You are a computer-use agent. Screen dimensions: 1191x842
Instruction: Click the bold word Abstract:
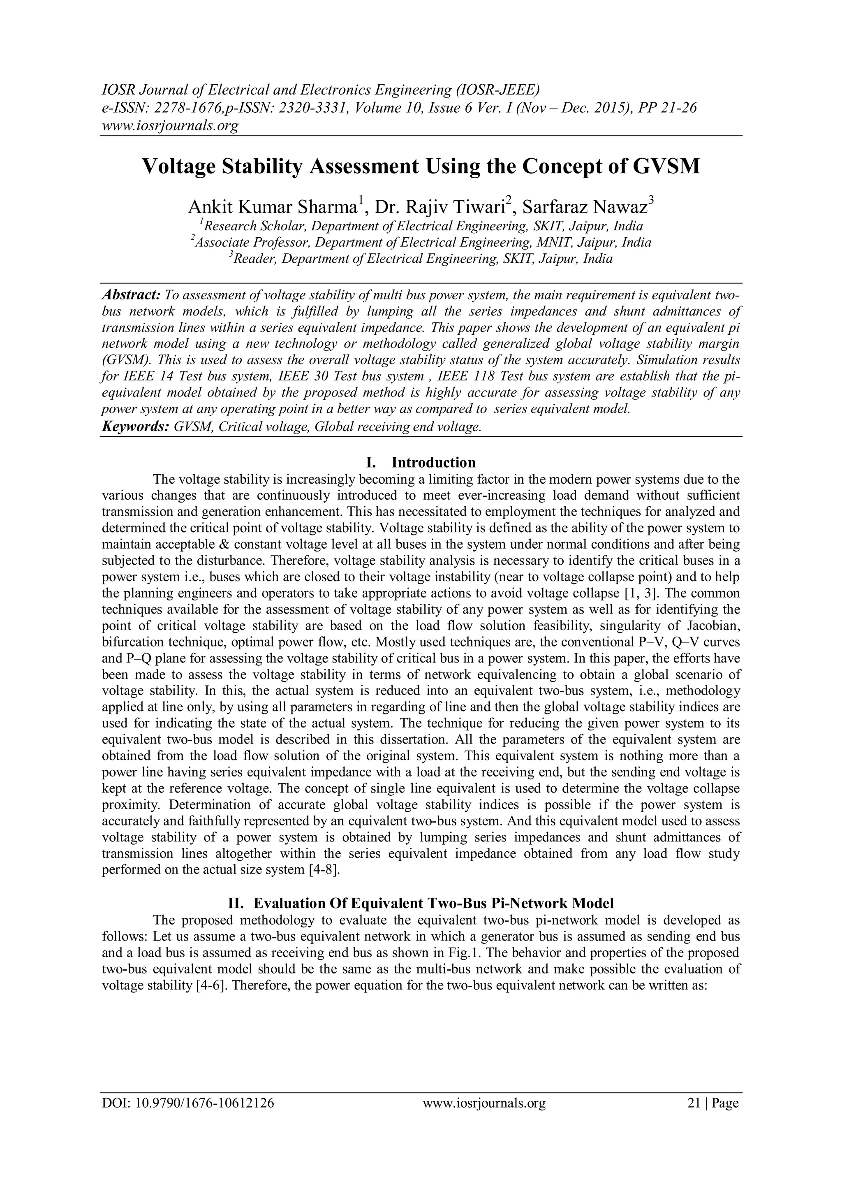131,295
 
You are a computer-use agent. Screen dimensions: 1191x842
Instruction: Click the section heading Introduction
433,462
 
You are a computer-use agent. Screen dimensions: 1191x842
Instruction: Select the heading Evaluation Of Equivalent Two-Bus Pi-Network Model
433,903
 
